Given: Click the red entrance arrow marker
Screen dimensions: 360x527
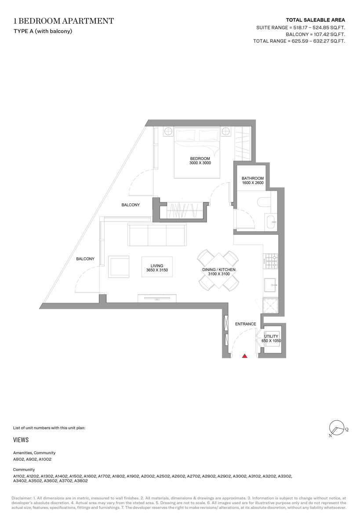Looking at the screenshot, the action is click(x=245, y=356).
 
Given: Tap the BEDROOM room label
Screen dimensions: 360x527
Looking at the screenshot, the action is click(x=200, y=159).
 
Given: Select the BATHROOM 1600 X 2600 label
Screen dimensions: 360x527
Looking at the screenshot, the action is click(x=253, y=180).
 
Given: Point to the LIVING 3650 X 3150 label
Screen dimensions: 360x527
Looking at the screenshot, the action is click(x=157, y=268).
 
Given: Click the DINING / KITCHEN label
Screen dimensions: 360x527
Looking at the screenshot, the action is click(x=219, y=270).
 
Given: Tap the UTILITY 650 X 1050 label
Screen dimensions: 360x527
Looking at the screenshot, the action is click(x=271, y=339).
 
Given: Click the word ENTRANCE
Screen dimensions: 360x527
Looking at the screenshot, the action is click(x=246, y=324).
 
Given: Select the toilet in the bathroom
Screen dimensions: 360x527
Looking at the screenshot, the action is click(x=264, y=202).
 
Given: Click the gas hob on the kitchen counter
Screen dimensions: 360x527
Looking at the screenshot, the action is click(x=270, y=261).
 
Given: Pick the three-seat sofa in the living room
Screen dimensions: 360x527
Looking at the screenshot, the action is click(x=157, y=235).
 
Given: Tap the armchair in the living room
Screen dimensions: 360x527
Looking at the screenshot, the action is click(x=118, y=267).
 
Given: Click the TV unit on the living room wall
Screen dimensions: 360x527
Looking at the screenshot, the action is click(x=157, y=298).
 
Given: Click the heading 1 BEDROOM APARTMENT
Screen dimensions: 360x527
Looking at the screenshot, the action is click(x=64, y=21).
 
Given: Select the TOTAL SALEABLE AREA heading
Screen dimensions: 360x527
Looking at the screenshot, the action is click(x=315, y=20).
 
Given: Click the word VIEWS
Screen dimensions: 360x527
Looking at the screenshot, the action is click(x=21, y=440).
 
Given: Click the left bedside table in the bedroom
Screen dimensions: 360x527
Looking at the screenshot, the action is click(x=168, y=131).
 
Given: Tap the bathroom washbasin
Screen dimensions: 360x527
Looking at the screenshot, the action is click(x=271, y=222).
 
